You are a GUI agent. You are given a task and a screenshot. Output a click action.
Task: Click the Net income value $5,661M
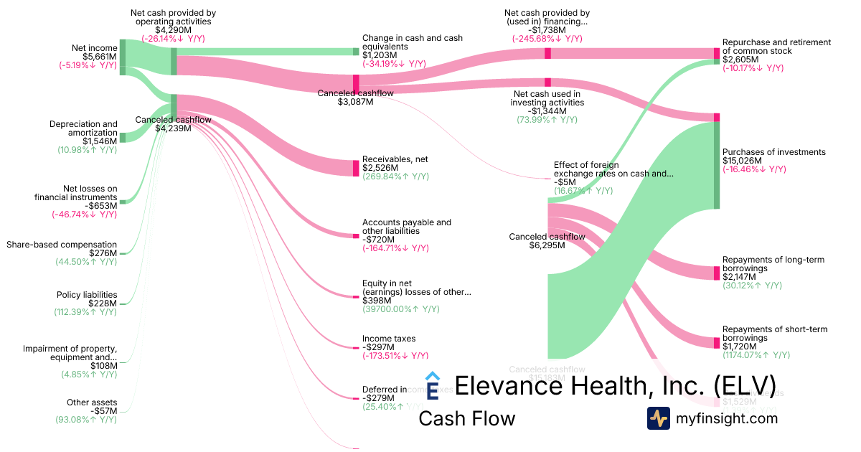[x=100, y=57]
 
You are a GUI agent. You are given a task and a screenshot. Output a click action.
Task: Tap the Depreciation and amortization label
[x=83, y=128]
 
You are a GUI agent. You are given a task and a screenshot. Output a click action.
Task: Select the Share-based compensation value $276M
[x=103, y=253]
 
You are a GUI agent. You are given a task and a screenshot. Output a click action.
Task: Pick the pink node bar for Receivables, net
[x=356, y=168]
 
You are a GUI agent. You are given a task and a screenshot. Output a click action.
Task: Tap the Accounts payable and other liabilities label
[x=407, y=227]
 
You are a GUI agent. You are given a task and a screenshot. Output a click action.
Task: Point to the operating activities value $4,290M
[x=173, y=30]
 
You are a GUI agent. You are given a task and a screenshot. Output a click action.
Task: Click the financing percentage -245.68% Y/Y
[x=547, y=39]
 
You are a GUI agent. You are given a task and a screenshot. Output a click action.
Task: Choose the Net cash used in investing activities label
[x=547, y=98]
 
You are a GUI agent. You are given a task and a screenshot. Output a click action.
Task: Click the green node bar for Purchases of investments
[x=716, y=165]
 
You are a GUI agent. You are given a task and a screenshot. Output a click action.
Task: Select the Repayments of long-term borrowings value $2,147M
[x=740, y=277]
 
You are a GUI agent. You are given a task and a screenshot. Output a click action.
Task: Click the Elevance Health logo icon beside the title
[x=432, y=385]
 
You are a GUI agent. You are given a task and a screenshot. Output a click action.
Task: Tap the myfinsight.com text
[x=726, y=418]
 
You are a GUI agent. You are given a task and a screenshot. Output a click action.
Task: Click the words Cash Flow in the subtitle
[x=466, y=418]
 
